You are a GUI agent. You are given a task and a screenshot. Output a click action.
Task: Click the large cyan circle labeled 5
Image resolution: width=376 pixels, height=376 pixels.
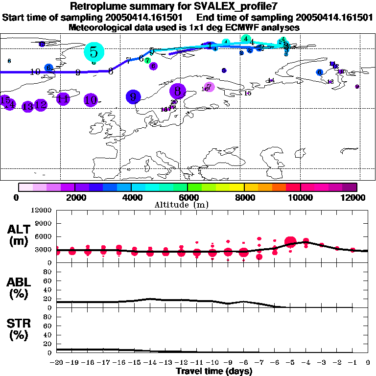pos(94,51)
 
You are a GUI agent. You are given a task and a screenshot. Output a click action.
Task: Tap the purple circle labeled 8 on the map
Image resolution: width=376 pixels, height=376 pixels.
pos(178,91)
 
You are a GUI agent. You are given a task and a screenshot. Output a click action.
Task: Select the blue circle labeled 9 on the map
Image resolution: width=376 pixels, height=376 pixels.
pos(133,97)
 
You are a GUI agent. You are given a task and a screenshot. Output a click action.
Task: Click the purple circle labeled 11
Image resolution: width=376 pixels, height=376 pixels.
pos(63,99)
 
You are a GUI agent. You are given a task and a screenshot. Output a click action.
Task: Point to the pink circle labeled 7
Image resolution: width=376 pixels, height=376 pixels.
pos(209,87)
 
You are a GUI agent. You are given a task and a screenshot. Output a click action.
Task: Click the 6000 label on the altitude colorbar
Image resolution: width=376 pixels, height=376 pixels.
pos(188,197)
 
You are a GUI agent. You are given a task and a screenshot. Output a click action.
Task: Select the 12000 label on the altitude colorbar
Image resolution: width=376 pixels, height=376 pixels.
pos(355,197)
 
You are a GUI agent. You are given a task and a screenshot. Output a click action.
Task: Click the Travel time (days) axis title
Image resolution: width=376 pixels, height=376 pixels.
pos(214,371)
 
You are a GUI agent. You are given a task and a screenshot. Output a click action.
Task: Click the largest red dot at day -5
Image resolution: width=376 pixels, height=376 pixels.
pos(290,241)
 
